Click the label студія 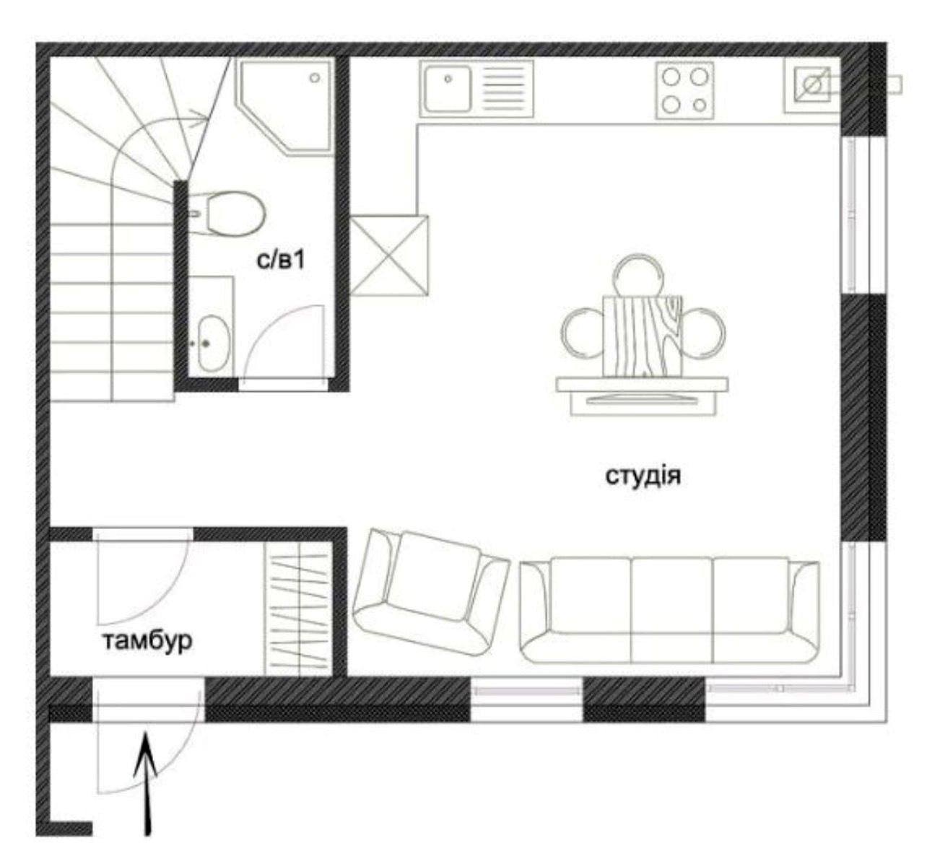(x=643, y=476)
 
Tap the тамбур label (x=147, y=640)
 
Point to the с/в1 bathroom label (x=281, y=260)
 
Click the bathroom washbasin (x=213, y=343)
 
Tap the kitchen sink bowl (x=447, y=89)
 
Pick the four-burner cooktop (x=684, y=90)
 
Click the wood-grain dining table (x=643, y=336)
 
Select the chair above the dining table (x=638, y=274)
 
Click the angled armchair (x=430, y=592)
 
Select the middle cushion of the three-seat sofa (x=671, y=610)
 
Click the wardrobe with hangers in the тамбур (x=299, y=608)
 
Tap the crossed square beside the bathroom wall (x=388, y=255)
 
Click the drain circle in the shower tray (x=315, y=78)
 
